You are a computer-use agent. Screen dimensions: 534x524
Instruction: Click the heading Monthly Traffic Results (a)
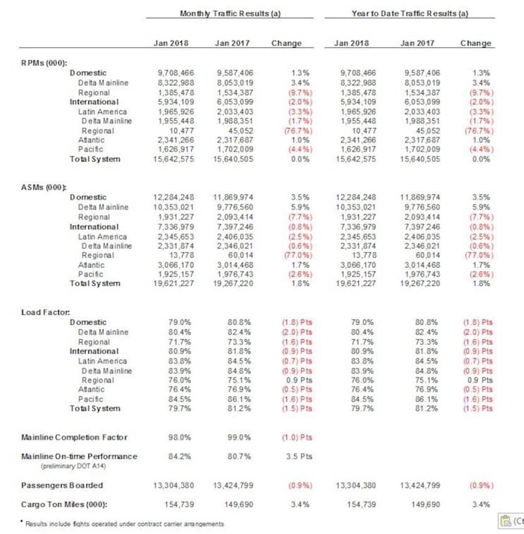coord(230,13)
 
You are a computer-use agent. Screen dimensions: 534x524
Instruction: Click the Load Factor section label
coord(45,312)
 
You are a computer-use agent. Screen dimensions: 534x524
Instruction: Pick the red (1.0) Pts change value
coord(292,437)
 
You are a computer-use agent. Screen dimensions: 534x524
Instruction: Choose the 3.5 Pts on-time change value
coord(295,456)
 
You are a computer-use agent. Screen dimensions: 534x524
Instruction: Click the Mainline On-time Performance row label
coord(80,456)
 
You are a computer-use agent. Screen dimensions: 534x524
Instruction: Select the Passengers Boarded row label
coord(62,485)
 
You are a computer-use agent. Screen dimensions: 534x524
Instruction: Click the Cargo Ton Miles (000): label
coord(65,504)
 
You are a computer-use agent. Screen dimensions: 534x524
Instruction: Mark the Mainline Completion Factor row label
coord(75,437)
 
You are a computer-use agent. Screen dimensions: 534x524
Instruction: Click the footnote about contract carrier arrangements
coord(124,523)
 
